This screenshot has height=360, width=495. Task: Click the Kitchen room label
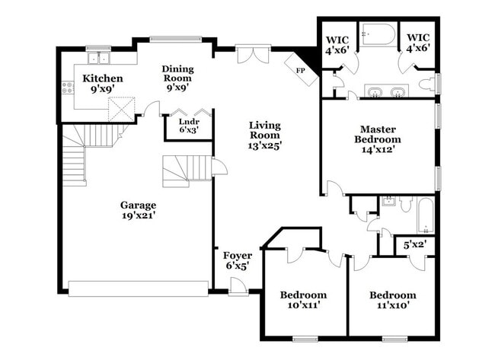103,82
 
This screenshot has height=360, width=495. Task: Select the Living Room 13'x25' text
265,135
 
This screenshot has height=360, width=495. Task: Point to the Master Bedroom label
377,139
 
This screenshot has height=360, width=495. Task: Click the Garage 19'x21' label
138,210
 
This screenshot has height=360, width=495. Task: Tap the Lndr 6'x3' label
188,126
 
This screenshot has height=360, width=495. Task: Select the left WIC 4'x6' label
337,43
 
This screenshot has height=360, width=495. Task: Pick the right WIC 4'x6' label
418,43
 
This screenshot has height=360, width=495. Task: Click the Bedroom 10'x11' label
303,300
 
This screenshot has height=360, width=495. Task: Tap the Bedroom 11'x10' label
393,300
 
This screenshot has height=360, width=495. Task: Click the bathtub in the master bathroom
378,34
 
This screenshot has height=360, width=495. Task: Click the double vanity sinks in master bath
385,93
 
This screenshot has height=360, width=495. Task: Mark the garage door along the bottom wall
138,288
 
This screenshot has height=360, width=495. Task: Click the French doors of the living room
252,54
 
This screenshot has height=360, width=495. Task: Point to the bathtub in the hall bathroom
424,215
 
